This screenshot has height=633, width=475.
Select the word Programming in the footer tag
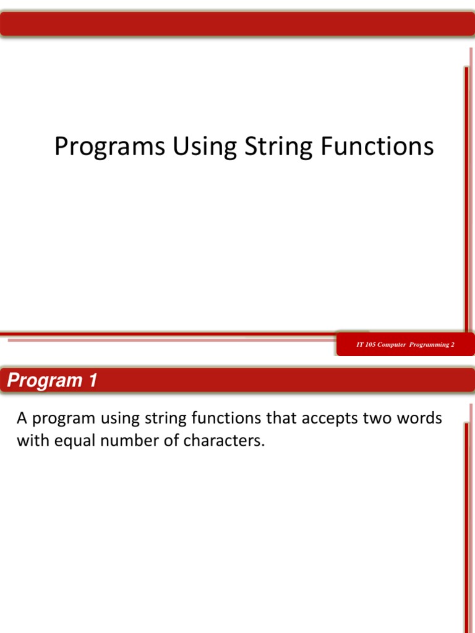click(x=429, y=344)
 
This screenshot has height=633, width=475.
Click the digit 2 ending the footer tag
click(x=452, y=344)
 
